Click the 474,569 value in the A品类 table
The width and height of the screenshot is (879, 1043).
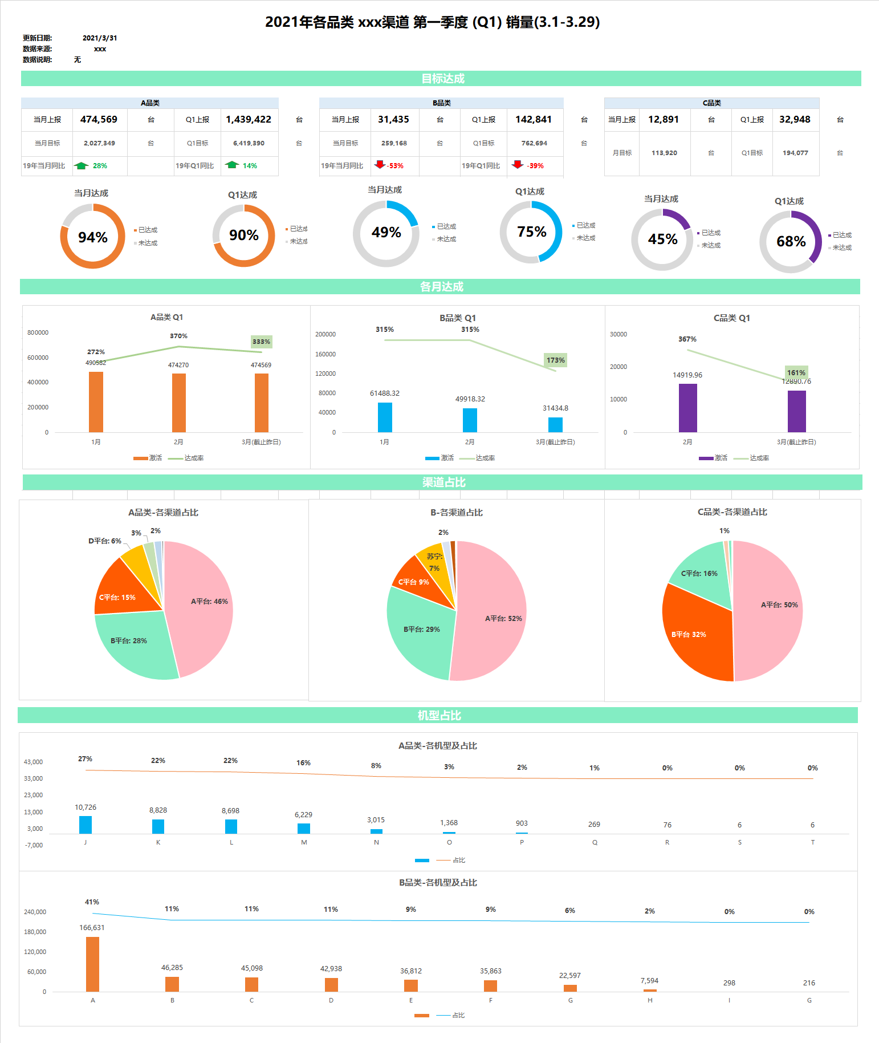coord(99,119)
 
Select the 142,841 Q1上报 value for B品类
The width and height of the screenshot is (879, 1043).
coord(534,119)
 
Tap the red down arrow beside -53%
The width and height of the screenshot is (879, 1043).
coord(380,165)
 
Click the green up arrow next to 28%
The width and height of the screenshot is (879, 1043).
coord(82,165)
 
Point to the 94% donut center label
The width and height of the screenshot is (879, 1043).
coord(92,237)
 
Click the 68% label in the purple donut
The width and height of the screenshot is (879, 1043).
coord(791,241)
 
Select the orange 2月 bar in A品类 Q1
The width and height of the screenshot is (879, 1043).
coord(178,403)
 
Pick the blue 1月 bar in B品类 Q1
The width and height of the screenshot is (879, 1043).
coord(385,417)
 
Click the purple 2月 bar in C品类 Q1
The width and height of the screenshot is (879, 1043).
coord(687,408)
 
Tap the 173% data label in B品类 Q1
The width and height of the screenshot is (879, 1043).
coord(555,360)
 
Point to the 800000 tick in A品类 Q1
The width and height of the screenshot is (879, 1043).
coord(38,332)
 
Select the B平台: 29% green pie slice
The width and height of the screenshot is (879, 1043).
coord(419,633)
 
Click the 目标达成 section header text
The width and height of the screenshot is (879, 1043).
coord(442,79)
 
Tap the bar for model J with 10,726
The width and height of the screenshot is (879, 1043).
coord(86,825)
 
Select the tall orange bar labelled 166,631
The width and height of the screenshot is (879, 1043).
coord(92,964)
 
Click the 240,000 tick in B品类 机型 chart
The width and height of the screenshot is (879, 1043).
coord(35,912)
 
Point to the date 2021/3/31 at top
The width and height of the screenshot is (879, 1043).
coord(100,38)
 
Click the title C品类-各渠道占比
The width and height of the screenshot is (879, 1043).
coord(732,512)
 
